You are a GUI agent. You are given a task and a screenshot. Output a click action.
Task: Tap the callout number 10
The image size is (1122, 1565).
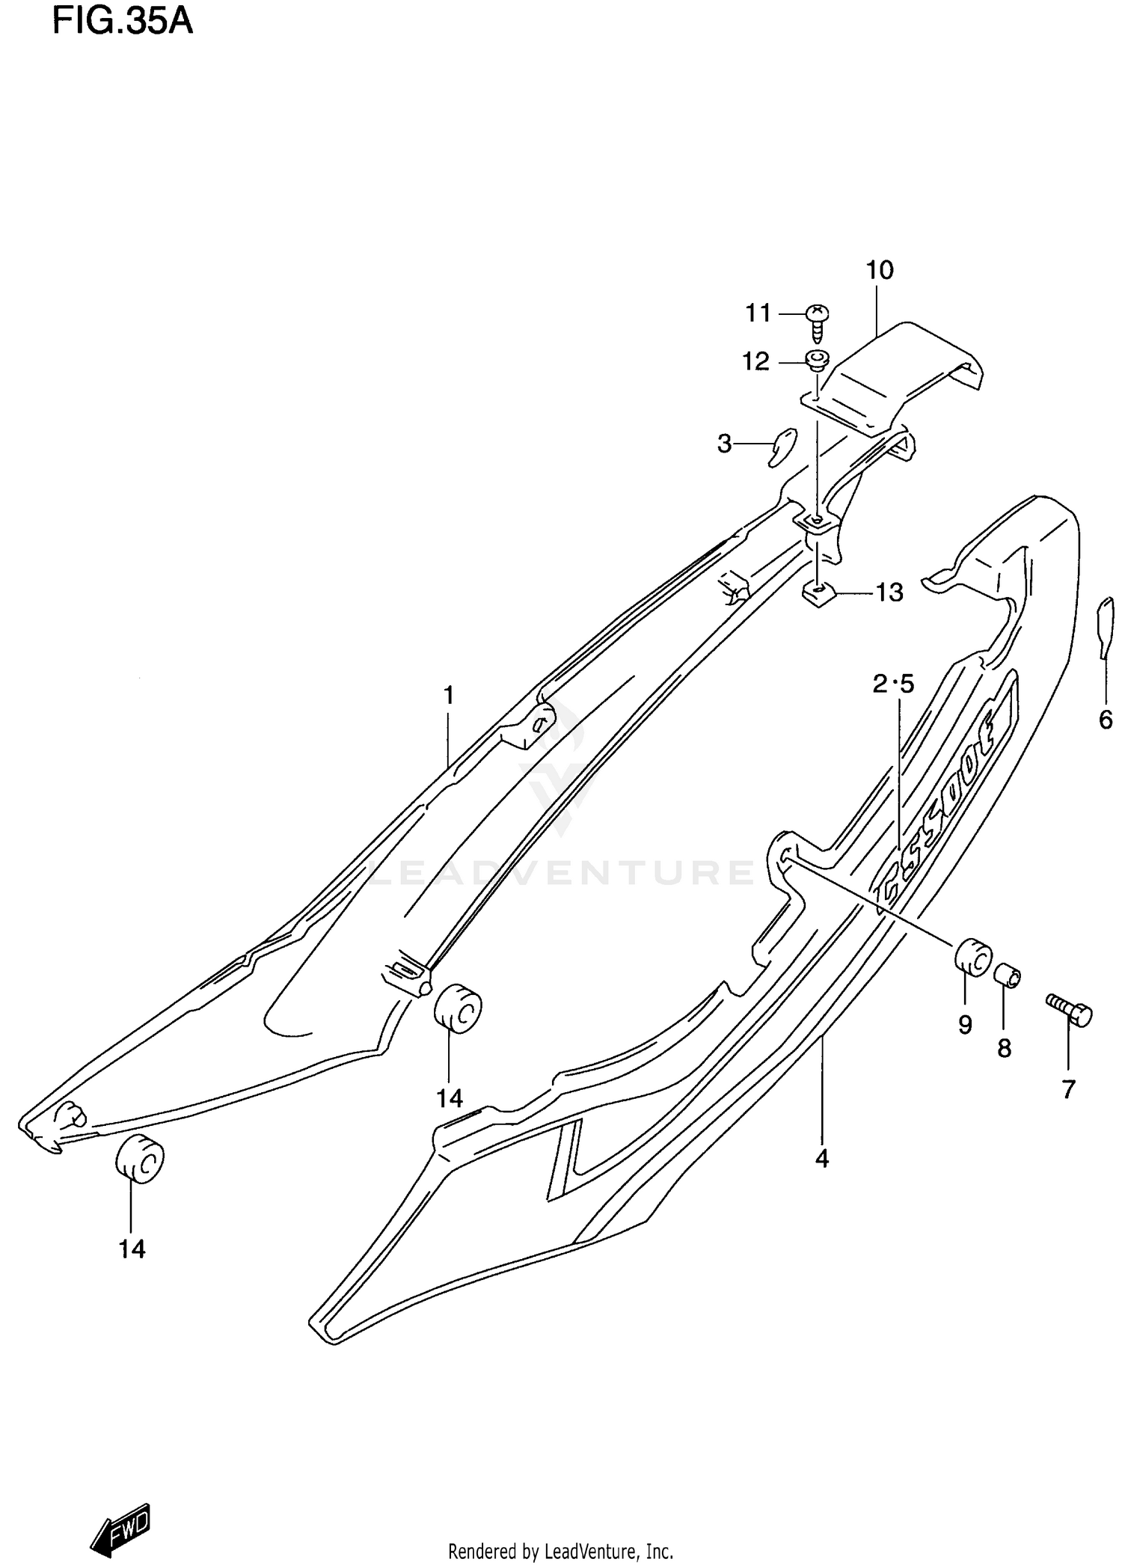(x=880, y=270)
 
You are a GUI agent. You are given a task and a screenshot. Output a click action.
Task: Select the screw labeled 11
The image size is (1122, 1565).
(x=818, y=321)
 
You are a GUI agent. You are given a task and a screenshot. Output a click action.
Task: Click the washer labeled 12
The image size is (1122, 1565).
(x=817, y=361)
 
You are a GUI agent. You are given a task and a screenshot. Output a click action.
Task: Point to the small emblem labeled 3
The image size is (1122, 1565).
(x=782, y=447)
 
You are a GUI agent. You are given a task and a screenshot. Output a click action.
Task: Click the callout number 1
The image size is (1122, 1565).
(x=448, y=696)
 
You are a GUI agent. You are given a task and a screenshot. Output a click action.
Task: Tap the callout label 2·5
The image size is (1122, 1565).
(x=893, y=684)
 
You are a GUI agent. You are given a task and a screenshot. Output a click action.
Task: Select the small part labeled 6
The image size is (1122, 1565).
(x=1105, y=628)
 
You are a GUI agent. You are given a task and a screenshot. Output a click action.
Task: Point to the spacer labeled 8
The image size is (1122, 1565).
(x=1007, y=976)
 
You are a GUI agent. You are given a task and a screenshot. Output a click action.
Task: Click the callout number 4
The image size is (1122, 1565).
(x=821, y=1159)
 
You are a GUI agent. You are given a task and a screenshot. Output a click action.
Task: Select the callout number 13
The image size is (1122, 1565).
(x=889, y=592)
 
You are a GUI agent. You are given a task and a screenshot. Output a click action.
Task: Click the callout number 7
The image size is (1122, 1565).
(x=1068, y=1090)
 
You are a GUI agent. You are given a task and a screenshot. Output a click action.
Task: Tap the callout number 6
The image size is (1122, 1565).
(x=1106, y=720)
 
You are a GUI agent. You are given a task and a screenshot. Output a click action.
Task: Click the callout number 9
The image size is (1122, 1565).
(x=965, y=1024)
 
